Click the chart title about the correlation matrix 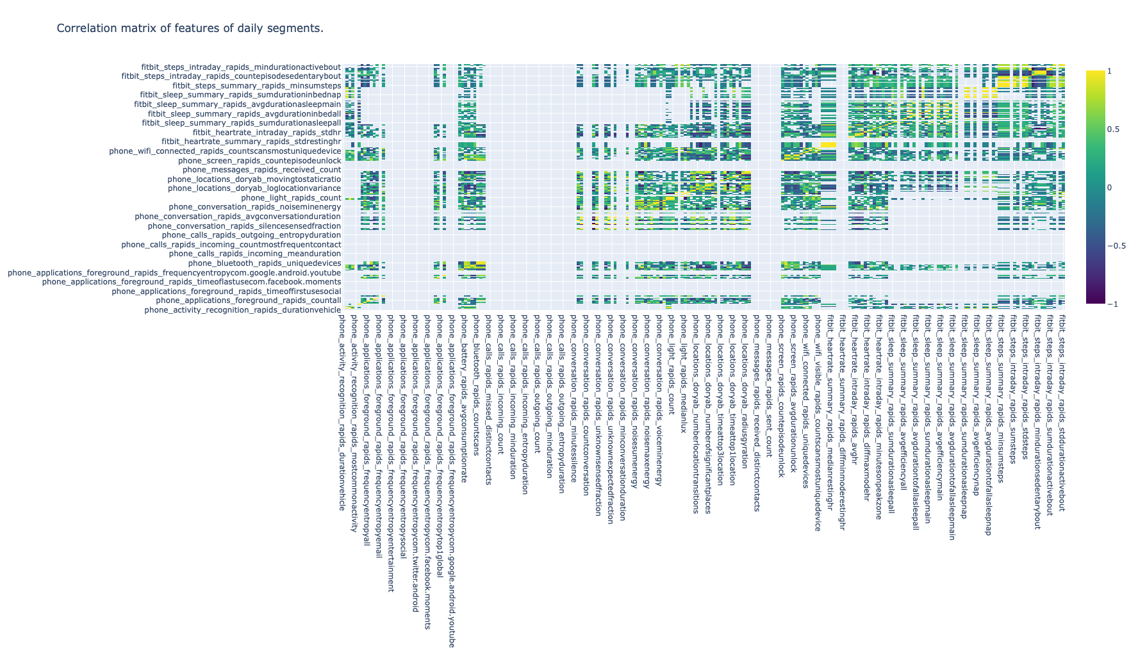190,28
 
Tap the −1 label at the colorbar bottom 1113,304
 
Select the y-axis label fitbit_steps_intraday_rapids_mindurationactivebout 241,67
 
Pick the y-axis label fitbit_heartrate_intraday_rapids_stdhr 267,133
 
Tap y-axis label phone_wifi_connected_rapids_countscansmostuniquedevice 225,151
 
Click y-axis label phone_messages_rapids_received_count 261,170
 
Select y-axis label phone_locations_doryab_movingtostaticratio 254,179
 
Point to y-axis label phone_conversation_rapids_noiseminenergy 255,207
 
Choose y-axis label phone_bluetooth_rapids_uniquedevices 264,263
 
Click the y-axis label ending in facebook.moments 191,282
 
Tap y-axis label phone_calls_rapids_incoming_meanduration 255,254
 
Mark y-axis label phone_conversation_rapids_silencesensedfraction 244,226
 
